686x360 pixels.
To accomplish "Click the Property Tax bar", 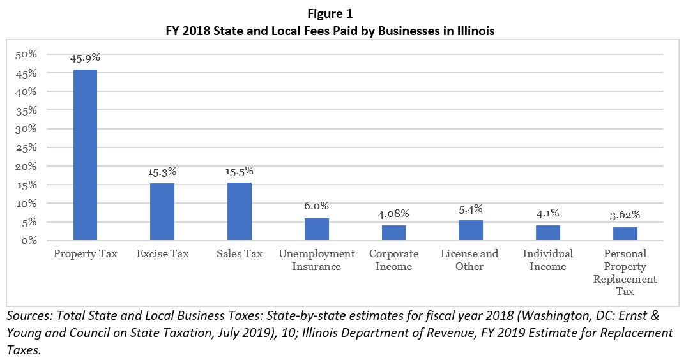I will pyautogui.click(x=85, y=155).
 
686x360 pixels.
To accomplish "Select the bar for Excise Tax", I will pyautogui.click(x=162, y=212).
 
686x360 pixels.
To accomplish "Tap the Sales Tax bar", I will pyautogui.click(x=239, y=211).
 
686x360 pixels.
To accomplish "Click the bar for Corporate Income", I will pyautogui.click(x=393, y=233).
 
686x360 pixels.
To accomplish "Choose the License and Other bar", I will pyautogui.click(x=470, y=230).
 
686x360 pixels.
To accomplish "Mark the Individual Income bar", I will pyautogui.click(x=547, y=233).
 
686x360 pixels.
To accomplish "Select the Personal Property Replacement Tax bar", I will pyautogui.click(x=625, y=234).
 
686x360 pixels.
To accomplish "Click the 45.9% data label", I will pyautogui.click(x=85, y=58).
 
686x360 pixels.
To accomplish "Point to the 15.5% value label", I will pyautogui.click(x=239, y=171).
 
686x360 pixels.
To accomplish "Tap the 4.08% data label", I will pyautogui.click(x=393, y=213).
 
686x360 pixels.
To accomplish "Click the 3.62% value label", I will pyautogui.click(x=625, y=215).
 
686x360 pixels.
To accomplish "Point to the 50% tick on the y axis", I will pyautogui.click(x=27, y=55).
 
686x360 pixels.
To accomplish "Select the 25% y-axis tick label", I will pyautogui.click(x=27, y=147).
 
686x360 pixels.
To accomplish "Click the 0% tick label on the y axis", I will pyautogui.click(x=29, y=241).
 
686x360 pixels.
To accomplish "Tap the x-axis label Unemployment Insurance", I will pyautogui.click(x=316, y=260).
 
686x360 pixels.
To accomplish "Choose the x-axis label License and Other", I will pyautogui.click(x=470, y=260).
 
